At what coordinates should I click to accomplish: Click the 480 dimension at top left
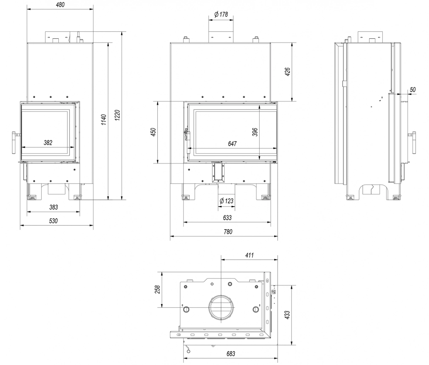[60, 5]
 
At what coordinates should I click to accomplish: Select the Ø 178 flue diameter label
[221, 15]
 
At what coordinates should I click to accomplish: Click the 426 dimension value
[288, 72]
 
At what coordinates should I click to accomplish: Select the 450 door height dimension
[153, 133]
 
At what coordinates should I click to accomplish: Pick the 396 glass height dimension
[256, 132]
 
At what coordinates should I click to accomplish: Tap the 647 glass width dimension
[232, 144]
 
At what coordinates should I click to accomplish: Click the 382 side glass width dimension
[48, 143]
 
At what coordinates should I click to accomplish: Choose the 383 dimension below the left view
[53, 207]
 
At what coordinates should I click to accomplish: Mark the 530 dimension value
[53, 221]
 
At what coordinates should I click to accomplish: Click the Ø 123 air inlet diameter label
[226, 201]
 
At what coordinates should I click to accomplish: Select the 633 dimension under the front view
[227, 218]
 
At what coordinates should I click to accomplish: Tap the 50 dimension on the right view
[412, 90]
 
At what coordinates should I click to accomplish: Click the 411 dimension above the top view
[249, 255]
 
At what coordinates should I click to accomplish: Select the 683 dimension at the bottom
[230, 354]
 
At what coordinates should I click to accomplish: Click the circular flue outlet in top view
[221, 307]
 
